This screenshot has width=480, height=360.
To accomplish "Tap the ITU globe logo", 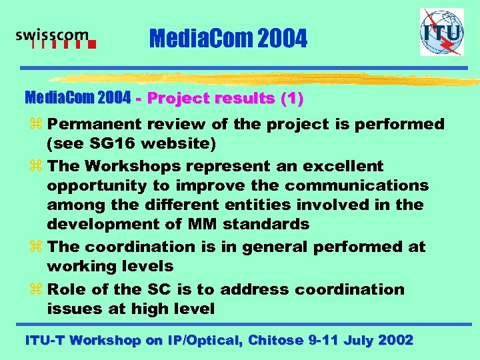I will coord(441,31).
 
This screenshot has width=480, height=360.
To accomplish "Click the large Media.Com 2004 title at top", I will coord(229,39).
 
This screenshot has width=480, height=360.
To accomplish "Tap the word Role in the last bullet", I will coord(67,289).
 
